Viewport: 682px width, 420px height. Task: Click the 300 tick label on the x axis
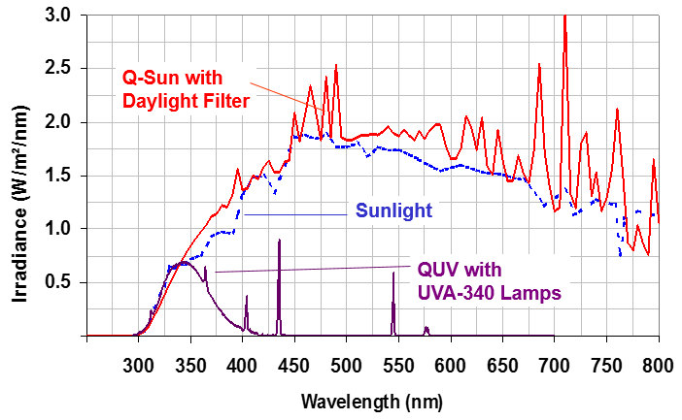pos(139,365)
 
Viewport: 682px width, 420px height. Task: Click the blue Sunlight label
pos(379,210)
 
